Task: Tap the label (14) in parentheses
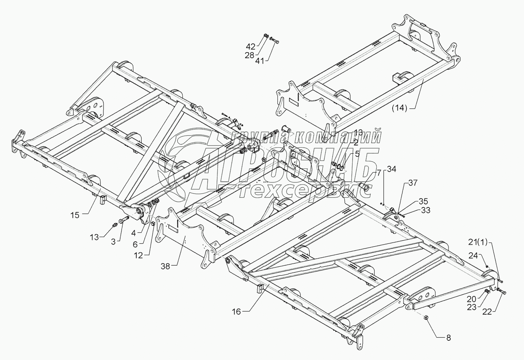[x=399, y=108]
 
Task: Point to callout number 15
[x=75, y=215]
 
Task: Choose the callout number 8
[x=448, y=338]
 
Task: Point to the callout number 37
[x=413, y=183]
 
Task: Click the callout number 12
[x=138, y=255]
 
